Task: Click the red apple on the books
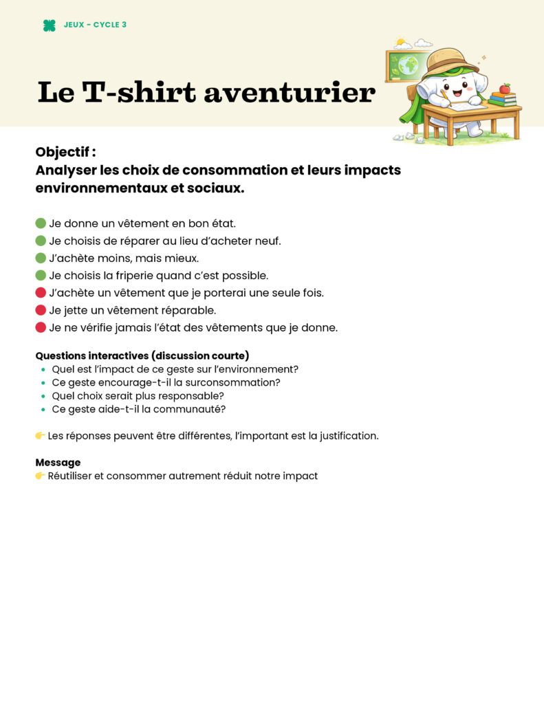[505, 89]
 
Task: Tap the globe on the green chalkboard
[409, 65]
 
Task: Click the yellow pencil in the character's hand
[444, 98]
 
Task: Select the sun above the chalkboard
[400, 43]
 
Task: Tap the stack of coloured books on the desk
[503, 100]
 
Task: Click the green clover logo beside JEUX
[49, 25]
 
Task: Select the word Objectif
[65, 152]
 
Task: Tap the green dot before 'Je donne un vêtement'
[41, 223]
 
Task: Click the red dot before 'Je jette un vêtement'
[41, 310]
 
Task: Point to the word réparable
[188, 310]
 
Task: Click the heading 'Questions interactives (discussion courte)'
[142, 355]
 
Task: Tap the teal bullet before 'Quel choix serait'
[43, 396]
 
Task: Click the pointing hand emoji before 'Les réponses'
[40, 436]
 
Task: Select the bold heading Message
[58, 463]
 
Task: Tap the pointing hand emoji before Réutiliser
[40, 476]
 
